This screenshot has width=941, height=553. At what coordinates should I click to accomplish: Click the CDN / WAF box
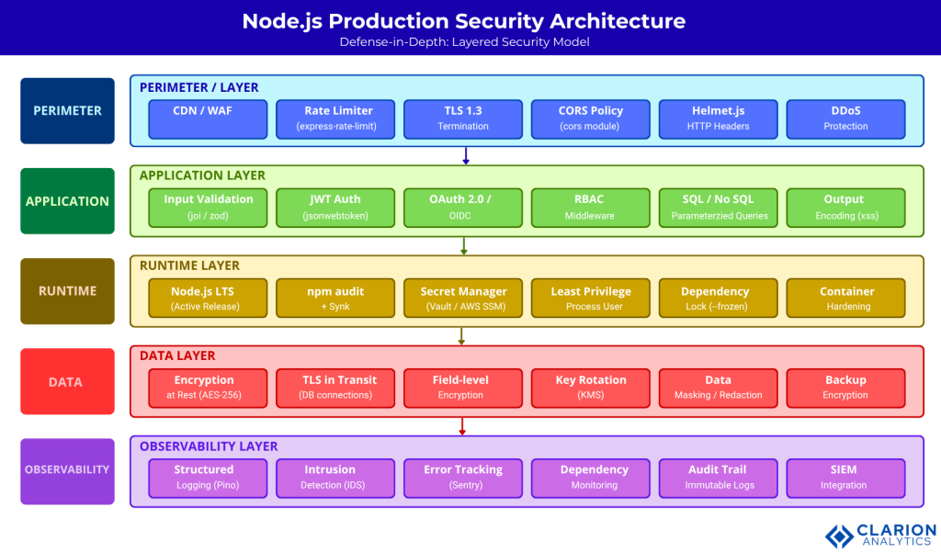(x=208, y=118)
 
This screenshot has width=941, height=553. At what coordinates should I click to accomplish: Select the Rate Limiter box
(x=335, y=118)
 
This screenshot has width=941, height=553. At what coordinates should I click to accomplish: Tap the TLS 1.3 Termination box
(x=463, y=118)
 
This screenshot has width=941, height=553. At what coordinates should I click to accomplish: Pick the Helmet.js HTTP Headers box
(x=719, y=118)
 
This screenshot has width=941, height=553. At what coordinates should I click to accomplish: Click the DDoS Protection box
(x=845, y=118)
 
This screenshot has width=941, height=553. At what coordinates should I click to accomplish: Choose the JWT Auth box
(x=335, y=208)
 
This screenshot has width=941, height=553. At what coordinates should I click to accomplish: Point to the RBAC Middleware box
(x=591, y=208)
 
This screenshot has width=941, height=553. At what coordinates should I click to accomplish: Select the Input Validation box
(x=208, y=208)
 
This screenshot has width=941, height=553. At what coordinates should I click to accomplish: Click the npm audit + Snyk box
(x=335, y=299)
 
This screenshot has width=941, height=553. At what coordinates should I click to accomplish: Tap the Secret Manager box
(x=463, y=299)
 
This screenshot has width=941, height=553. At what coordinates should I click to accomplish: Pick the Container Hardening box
(x=845, y=299)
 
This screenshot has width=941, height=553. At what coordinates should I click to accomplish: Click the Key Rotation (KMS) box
(x=591, y=388)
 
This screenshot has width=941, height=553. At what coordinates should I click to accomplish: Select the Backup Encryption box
(x=845, y=388)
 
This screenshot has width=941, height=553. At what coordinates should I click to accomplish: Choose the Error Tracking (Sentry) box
(x=463, y=478)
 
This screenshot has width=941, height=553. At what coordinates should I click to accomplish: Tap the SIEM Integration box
(x=845, y=478)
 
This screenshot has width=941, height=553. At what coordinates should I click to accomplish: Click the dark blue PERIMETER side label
(x=67, y=110)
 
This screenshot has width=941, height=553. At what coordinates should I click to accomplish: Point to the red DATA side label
(x=67, y=381)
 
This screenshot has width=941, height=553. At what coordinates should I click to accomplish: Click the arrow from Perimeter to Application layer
(x=466, y=155)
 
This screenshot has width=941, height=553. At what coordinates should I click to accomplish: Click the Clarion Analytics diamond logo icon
(x=840, y=536)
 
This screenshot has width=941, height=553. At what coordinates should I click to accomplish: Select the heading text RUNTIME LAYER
(x=189, y=265)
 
